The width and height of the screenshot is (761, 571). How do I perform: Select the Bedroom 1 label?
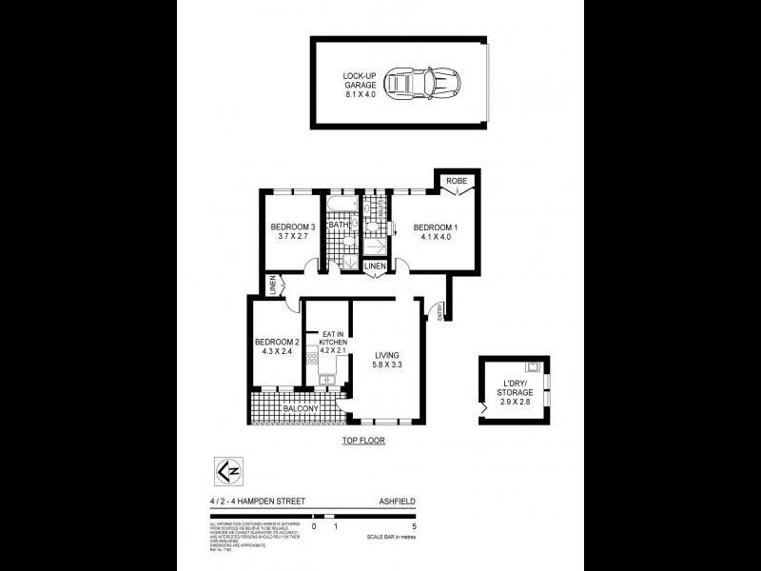(436, 232)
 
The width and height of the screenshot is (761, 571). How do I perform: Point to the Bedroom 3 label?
(291, 232)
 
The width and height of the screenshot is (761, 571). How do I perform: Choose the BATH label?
(338, 225)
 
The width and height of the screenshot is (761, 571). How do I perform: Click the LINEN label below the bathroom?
(376, 266)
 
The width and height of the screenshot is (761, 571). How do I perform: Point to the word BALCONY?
(298, 409)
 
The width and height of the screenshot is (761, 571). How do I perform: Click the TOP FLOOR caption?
(363, 442)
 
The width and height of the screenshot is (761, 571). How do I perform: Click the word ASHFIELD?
(397, 501)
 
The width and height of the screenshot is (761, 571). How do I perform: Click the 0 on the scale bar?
(314, 526)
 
